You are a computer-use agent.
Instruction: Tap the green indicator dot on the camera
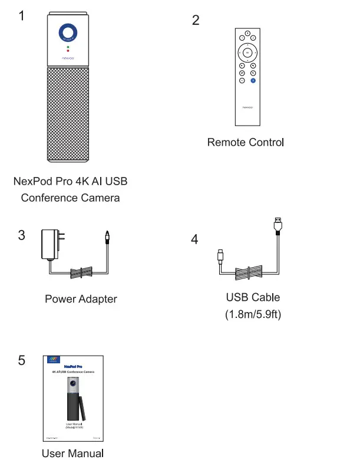click(x=68, y=47)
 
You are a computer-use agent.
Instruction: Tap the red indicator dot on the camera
click(x=68, y=51)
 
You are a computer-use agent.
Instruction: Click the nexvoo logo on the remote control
click(x=247, y=107)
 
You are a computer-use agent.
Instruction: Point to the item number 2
click(x=196, y=21)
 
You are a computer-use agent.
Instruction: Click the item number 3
click(x=22, y=235)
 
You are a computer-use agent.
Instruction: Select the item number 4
click(x=194, y=240)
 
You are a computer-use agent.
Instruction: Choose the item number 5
click(x=22, y=360)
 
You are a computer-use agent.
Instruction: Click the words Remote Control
click(x=245, y=142)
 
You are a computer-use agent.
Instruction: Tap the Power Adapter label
click(x=81, y=299)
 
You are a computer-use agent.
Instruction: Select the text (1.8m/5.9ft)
click(x=253, y=314)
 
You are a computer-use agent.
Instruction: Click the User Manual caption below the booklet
click(x=72, y=454)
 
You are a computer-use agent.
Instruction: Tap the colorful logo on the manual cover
click(x=54, y=359)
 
